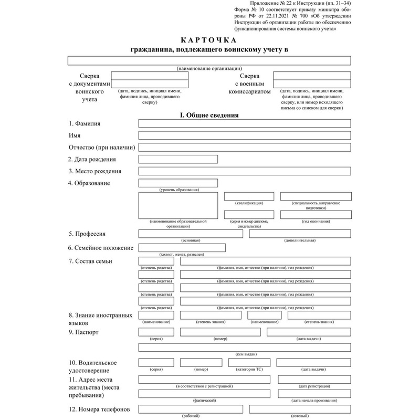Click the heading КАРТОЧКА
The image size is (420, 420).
209,40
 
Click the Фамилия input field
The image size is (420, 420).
244,123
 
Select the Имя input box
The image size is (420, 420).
244,135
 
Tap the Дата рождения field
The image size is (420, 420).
177,159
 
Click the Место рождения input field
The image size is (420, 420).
244,171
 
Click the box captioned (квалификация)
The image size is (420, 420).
249,196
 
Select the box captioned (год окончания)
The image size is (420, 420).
315,214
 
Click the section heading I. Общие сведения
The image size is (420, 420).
209,114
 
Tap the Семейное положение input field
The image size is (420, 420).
182,248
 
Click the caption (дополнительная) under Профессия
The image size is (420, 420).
300,240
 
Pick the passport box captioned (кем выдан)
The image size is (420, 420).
244,347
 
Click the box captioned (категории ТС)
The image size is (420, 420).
249,362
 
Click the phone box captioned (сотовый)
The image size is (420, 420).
300,409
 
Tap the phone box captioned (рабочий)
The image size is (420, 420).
190,409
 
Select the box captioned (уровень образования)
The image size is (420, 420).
177,183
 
